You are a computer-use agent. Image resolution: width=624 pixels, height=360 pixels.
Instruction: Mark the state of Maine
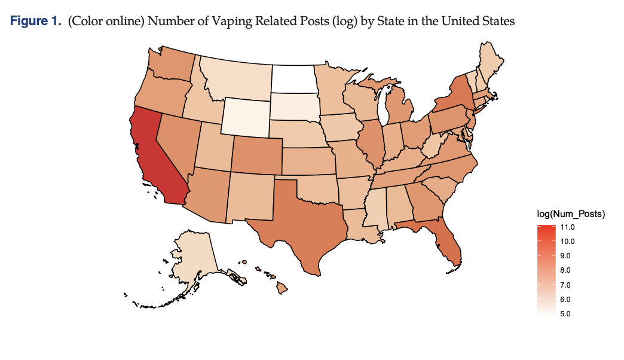[492, 60]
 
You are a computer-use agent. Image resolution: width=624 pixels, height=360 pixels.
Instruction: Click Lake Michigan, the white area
[383, 108]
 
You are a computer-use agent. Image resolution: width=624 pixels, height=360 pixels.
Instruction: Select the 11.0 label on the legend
[568, 228]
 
